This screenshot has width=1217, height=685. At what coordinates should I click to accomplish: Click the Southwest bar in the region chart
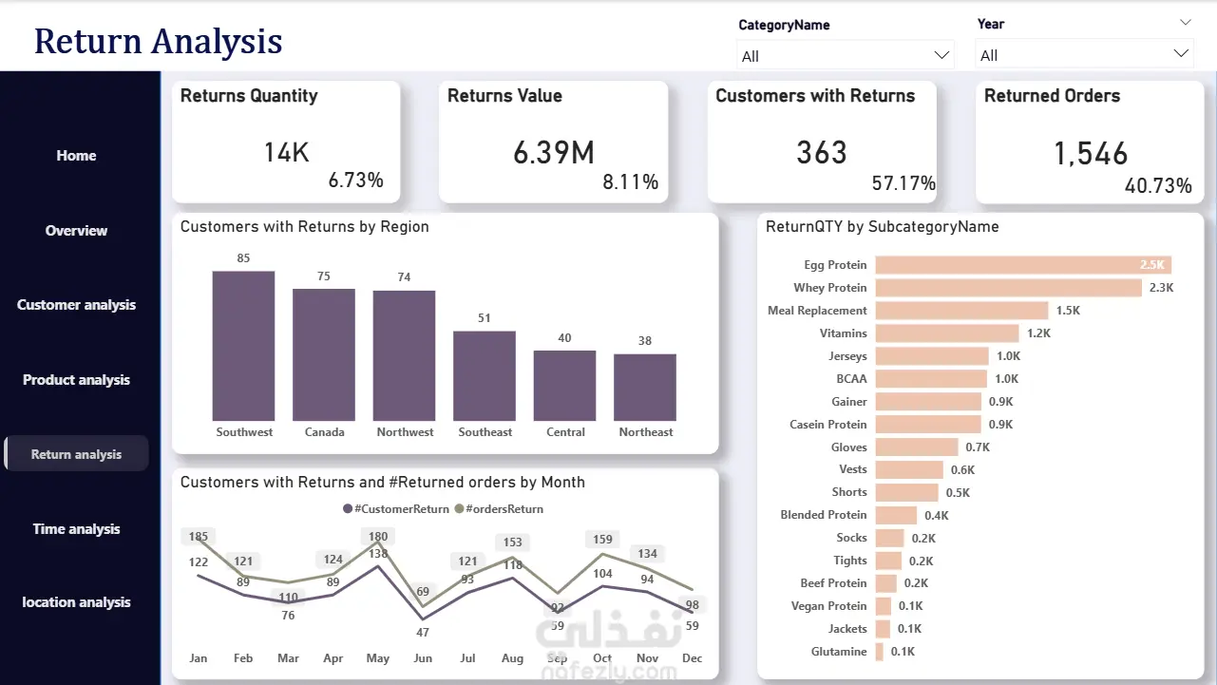click(x=243, y=346)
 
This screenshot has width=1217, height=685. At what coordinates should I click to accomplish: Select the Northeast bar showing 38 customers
click(x=645, y=388)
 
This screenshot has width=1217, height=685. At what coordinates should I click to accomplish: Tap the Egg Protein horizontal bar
click(x=1023, y=264)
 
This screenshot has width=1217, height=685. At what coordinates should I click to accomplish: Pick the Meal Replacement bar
click(x=961, y=310)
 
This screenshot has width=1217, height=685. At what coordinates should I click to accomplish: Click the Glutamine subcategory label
click(x=839, y=652)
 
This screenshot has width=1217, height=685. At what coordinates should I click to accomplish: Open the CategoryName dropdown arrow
click(x=941, y=55)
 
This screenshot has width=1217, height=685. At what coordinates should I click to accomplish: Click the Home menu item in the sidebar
click(x=76, y=156)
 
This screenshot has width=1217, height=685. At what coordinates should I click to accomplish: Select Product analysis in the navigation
click(x=76, y=380)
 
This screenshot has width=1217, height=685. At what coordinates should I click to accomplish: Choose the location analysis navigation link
click(x=76, y=602)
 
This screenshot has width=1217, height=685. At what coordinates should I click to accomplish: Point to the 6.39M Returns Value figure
click(x=554, y=153)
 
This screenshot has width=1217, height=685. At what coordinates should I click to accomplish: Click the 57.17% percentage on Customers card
click(x=903, y=183)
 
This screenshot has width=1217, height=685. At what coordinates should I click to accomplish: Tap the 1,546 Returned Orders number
click(x=1091, y=154)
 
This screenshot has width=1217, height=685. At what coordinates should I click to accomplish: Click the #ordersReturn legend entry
click(x=500, y=509)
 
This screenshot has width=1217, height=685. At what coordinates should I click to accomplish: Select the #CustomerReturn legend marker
click(x=348, y=509)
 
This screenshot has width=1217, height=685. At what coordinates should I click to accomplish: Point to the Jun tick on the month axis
click(x=423, y=657)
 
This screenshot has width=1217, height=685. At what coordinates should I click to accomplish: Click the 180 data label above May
click(x=378, y=537)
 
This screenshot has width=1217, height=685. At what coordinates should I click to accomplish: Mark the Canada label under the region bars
click(x=324, y=432)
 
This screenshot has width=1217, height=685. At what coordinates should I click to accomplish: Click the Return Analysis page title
click(x=158, y=41)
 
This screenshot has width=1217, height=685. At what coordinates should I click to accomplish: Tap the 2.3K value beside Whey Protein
click(x=1161, y=287)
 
